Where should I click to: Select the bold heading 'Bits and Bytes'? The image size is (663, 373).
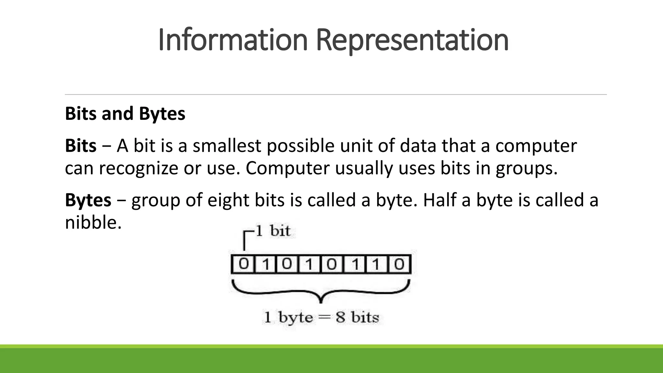125,114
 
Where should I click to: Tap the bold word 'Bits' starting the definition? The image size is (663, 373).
81,146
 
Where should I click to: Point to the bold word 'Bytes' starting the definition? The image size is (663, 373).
88,200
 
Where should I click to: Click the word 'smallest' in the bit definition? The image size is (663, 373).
227,146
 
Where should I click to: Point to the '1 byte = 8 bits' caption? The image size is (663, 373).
321,317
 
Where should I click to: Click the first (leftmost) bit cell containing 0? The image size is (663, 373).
244,265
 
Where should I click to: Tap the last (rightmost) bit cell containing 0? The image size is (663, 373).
399,265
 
